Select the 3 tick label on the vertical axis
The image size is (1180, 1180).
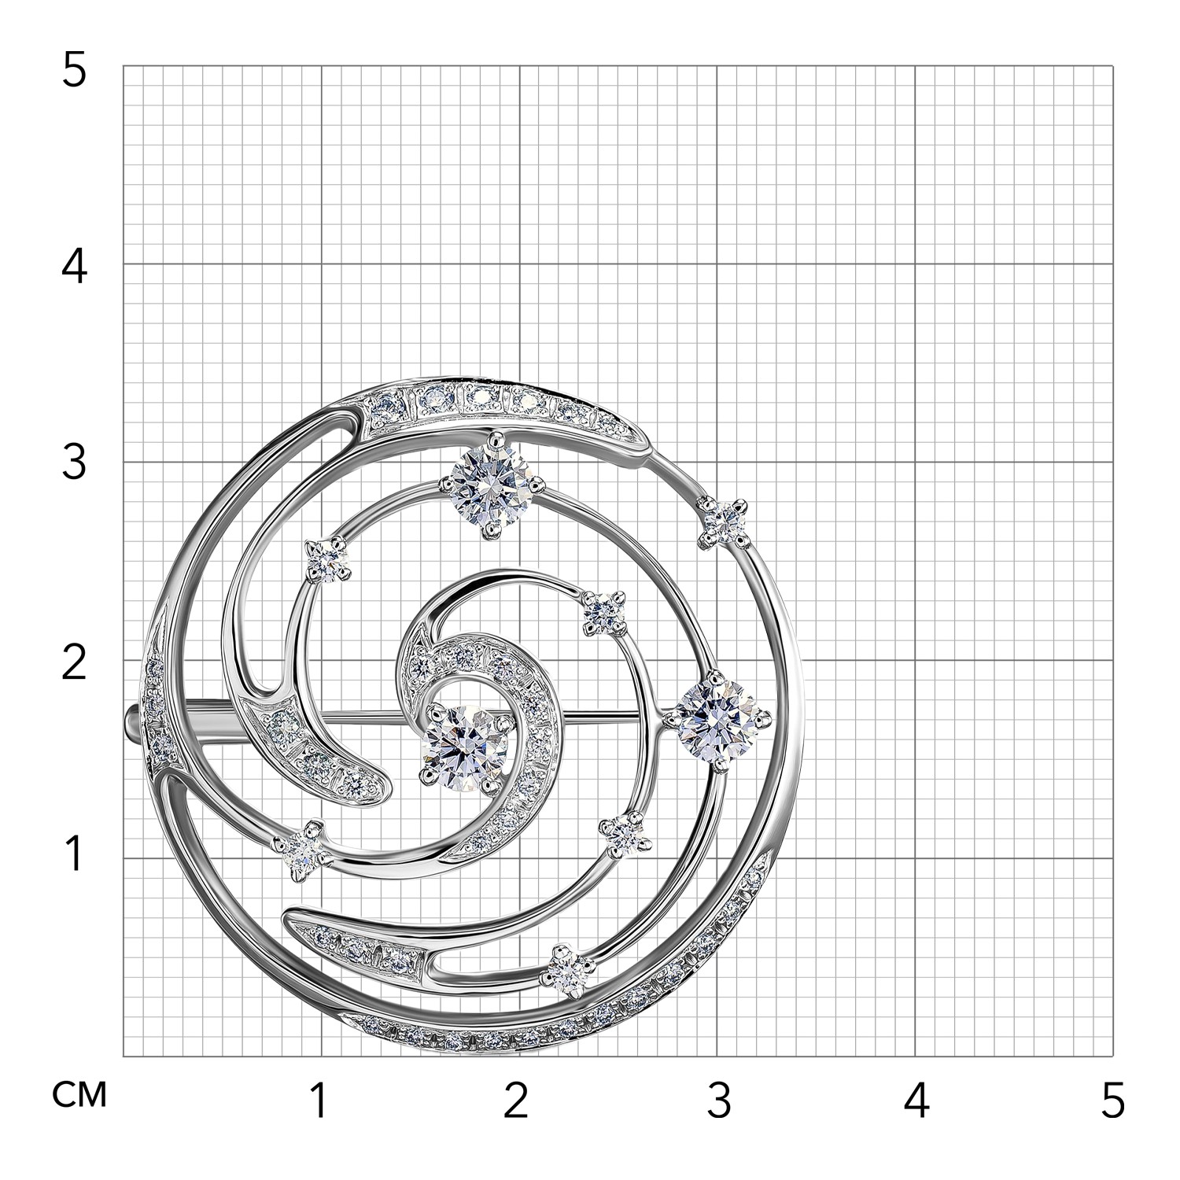[x=73, y=463]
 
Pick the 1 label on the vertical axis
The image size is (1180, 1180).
[x=73, y=854]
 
